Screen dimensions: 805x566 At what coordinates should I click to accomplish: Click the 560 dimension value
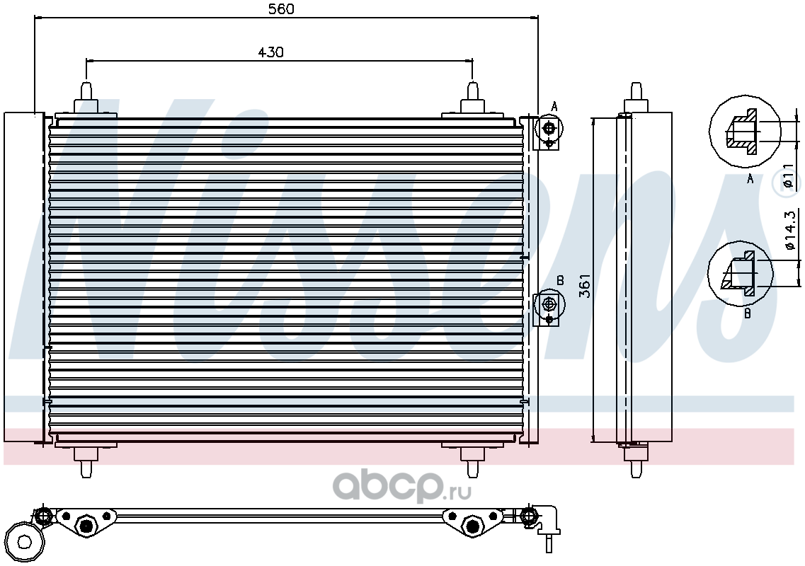point(281,9)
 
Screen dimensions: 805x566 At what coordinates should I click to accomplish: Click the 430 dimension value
point(270,52)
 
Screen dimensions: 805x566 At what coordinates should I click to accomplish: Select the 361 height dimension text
point(585,287)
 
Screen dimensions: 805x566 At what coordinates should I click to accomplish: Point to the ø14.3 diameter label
point(790,230)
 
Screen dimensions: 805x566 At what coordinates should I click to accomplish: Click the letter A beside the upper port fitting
point(554,107)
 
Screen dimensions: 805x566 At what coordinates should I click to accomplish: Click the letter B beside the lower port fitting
point(560,281)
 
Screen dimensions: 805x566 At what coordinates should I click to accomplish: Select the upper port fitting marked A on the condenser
point(549,132)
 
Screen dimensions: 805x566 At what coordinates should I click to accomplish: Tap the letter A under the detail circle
point(750,179)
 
